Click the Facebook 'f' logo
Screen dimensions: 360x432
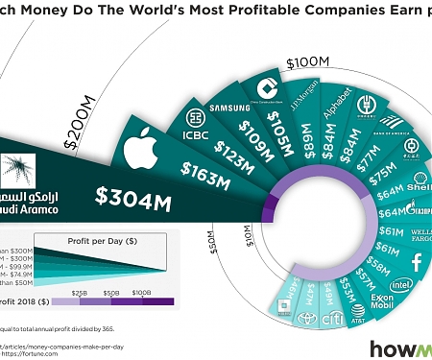(418, 260)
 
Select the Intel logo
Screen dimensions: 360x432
(402, 286)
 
